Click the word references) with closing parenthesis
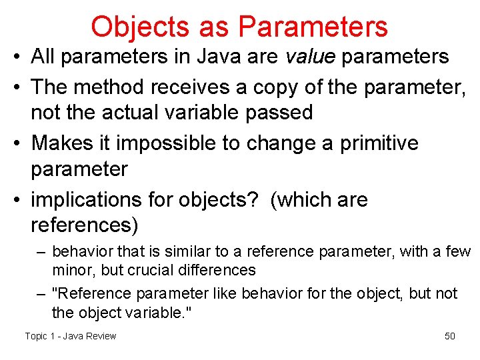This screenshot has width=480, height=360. point(85,225)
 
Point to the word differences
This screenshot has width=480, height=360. point(222,270)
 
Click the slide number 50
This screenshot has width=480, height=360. point(450,336)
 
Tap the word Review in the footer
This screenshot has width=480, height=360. point(101,336)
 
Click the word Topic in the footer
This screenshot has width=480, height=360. point(36,336)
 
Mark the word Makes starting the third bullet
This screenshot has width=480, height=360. point(63,143)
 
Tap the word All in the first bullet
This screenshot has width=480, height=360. point(43,57)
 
